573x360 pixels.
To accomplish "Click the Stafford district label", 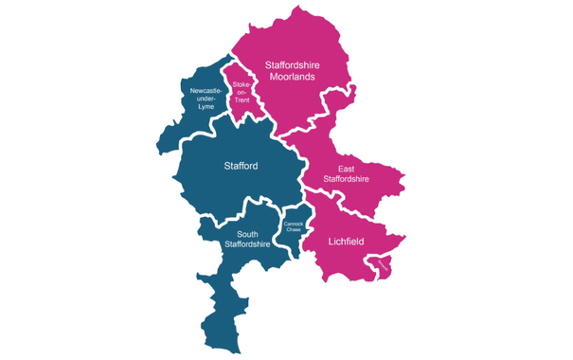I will pyautogui.click(x=241, y=167).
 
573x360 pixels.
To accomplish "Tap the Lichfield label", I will pyautogui.click(x=347, y=242).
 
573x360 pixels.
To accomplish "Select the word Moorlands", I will pyautogui.click(x=293, y=77).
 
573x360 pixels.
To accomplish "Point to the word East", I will pyautogui.click(x=347, y=169).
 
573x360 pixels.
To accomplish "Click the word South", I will pyautogui.click(x=247, y=234).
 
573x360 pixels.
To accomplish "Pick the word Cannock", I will pyautogui.click(x=293, y=224).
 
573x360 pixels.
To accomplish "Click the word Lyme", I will pyautogui.click(x=206, y=105).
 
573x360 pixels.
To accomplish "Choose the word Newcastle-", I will pyautogui.click(x=206, y=90).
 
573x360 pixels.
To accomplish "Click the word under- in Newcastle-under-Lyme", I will pyautogui.click(x=206, y=98).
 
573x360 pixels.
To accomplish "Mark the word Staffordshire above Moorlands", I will pyautogui.click(x=293, y=64).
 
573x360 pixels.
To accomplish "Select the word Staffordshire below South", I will pyautogui.click(x=247, y=244).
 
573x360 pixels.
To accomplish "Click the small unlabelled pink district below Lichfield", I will pyautogui.click(x=385, y=268).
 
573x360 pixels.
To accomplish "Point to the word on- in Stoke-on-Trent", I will pyautogui.click(x=242, y=92).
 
